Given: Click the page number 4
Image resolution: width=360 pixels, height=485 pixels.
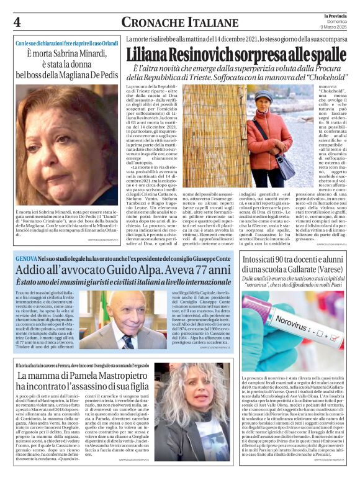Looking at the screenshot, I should point(17,22).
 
